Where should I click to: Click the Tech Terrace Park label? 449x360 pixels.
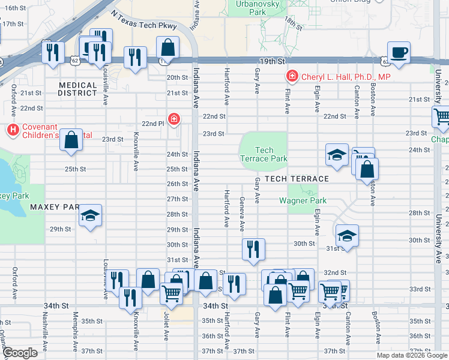click(x=264, y=155)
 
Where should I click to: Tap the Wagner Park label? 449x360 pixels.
click(x=302, y=200)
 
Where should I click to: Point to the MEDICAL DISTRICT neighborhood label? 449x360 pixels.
click(x=78, y=89)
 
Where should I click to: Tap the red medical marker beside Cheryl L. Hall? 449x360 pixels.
click(x=292, y=77)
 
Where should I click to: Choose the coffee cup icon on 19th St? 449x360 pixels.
click(x=399, y=52)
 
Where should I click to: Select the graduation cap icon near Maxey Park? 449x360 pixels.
click(x=91, y=215)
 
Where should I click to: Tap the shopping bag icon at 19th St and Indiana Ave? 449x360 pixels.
click(x=167, y=47)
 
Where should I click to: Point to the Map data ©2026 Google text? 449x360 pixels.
click(x=412, y=355)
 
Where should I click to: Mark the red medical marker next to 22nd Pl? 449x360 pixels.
click(x=173, y=119)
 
